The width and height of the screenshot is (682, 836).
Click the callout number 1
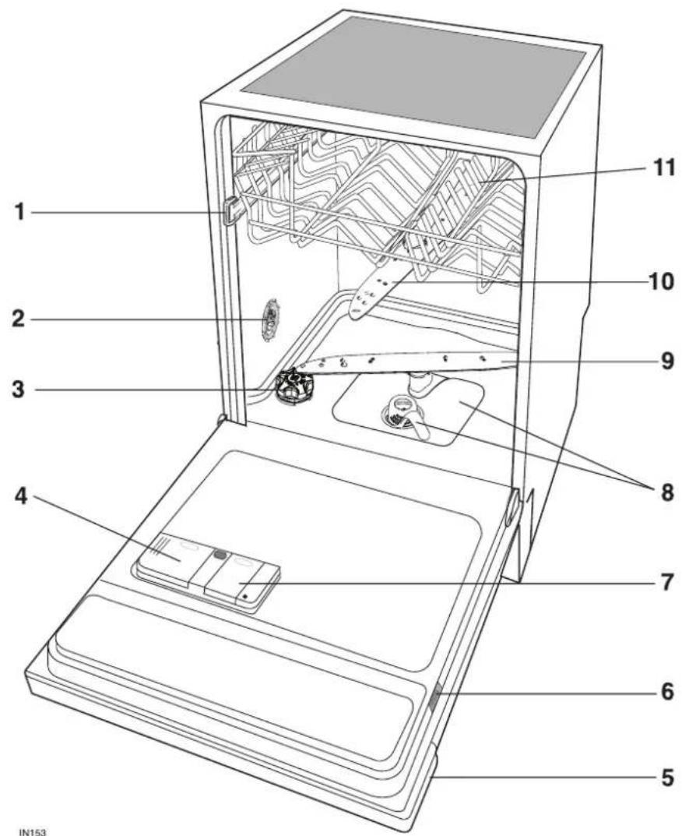19,213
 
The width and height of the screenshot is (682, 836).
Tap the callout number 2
19,319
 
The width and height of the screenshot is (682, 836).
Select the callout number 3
19,390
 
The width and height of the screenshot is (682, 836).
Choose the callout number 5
668,777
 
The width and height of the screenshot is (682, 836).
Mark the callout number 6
668,693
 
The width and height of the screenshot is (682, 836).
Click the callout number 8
668,492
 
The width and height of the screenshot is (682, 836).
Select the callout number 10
661,282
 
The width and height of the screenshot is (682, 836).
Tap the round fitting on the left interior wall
271,320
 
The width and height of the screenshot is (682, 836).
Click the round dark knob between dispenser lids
219,554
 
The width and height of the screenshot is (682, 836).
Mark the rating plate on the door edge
434,697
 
